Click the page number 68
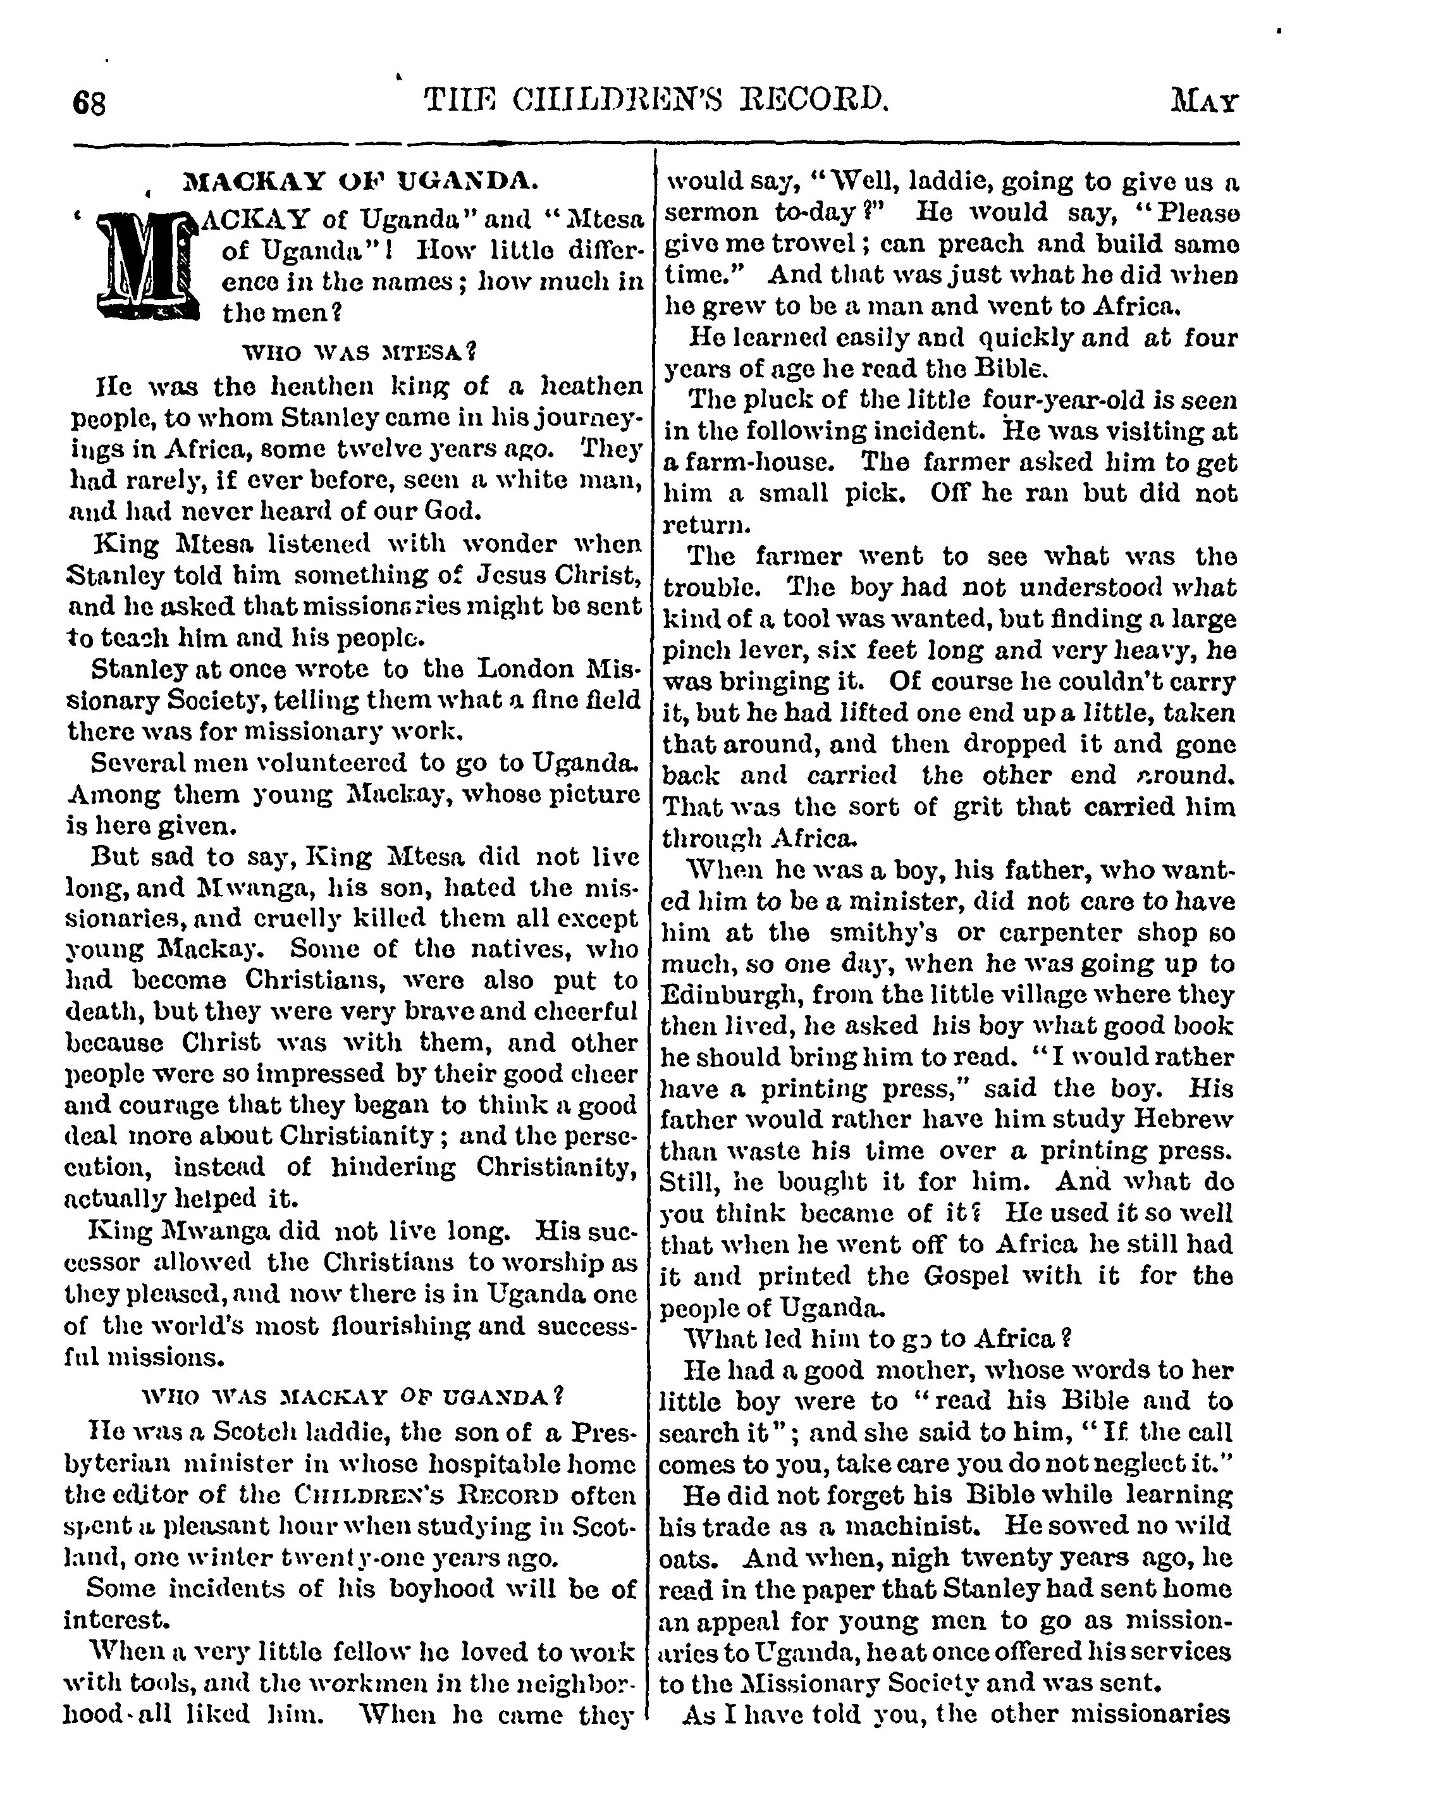coord(89,104)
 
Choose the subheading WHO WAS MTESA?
coord(359,352)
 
